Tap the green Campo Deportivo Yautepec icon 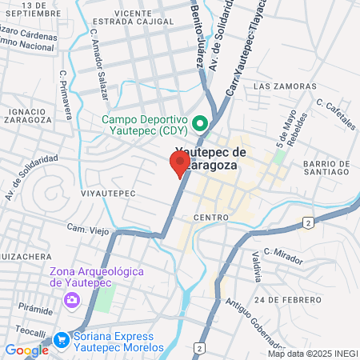click(202, 123)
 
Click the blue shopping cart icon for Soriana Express click(62, 340)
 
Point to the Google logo click(26, 350)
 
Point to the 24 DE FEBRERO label click(281, 298)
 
